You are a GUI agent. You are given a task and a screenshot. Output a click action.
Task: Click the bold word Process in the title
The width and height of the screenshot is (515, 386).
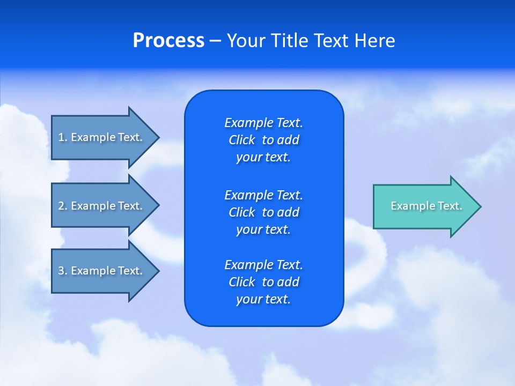168,41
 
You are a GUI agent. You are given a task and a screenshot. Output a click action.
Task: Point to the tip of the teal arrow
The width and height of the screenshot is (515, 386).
479,206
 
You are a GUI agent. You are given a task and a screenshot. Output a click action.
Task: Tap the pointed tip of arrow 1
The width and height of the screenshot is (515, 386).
157,137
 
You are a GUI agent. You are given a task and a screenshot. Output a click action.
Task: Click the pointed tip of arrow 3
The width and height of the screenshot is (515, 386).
157,271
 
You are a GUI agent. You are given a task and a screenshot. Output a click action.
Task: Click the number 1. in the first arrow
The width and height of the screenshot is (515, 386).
63,137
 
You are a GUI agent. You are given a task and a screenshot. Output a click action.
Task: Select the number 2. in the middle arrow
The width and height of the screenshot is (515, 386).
63,206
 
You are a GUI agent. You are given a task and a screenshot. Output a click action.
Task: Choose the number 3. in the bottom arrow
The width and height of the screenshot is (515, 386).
63,271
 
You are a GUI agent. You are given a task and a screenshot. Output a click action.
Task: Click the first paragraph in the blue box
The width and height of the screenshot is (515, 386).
263,140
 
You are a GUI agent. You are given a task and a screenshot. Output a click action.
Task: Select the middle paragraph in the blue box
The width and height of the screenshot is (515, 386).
263,212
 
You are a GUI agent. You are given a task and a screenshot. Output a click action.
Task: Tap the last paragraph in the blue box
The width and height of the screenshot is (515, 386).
263,282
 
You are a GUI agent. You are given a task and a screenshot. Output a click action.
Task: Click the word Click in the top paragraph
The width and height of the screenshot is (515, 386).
242,140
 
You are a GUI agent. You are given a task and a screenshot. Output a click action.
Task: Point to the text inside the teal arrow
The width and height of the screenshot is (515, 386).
426,206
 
